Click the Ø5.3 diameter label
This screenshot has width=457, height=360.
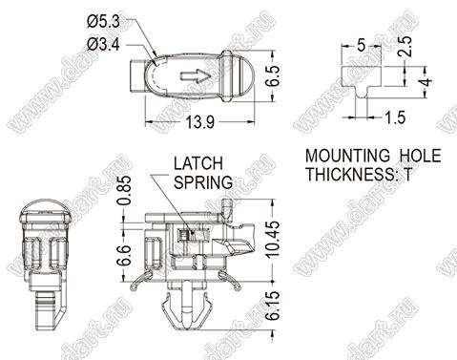click(103, 22)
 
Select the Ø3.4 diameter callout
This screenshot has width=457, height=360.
click(103, 45)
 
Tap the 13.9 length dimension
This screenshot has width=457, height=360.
click(200, 122)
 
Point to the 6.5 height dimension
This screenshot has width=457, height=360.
click(273, 75)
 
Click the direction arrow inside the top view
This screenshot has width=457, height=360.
click(196, 76)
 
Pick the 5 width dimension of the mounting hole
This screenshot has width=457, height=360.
click(361, 46)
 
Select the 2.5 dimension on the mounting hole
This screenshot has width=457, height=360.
click(405, 47)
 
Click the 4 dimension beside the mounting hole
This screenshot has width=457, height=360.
click(426, 82)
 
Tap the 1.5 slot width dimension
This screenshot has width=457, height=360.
click(395, 117)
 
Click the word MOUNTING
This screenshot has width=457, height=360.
click(347, 156)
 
